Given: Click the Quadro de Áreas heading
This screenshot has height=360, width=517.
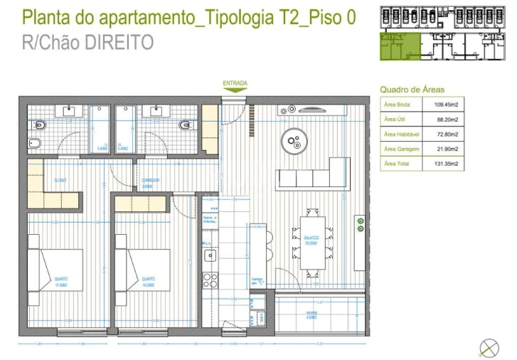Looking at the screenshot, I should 412,90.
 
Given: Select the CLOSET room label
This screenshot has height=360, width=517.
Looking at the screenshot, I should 60,181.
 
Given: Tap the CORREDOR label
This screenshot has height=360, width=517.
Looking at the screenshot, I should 150,181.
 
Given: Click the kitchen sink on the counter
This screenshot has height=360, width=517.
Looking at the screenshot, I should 210,255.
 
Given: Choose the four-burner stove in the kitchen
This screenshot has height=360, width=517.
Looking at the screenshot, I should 210,280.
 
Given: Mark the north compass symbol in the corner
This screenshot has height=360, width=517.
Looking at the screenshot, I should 489,347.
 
